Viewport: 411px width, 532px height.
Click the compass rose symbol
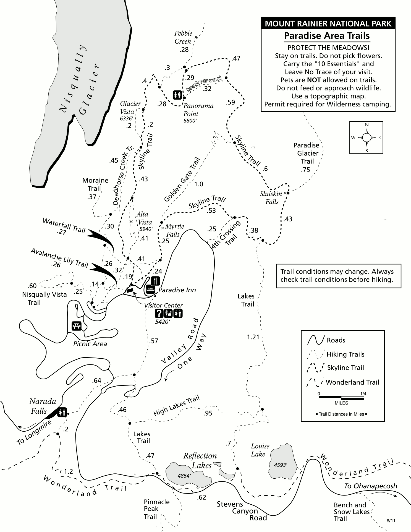[367, 137]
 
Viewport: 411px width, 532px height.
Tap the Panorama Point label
[198, 110]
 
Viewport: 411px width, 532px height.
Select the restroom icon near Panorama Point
[177, 95]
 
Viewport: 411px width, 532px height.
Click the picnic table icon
[77, 326]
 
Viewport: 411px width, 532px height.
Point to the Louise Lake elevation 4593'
[281, 465]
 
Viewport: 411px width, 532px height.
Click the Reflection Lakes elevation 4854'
[184, 476]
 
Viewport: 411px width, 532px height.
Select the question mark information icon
[159, 313]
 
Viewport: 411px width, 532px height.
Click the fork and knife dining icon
[156, 281]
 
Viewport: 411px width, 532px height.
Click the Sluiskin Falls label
[271, 197]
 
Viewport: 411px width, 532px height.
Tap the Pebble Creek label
[183, 37]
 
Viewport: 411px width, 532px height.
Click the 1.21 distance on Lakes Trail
[253, 337]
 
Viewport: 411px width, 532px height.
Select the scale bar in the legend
[341, 398]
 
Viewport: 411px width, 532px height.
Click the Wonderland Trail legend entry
[343, 382]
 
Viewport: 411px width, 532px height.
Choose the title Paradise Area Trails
[327, 36]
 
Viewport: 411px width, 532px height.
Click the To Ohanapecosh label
[370, 486]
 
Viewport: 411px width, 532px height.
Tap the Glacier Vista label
[130, 108]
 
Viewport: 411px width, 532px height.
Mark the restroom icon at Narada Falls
[62, 413]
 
